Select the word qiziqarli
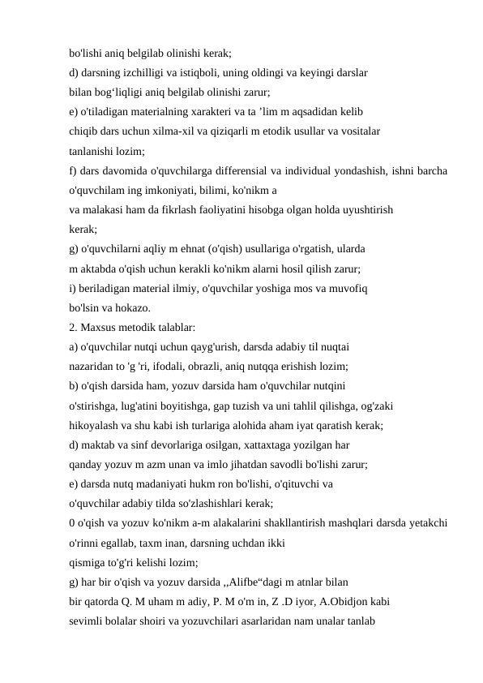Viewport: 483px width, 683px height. [252, 131]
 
